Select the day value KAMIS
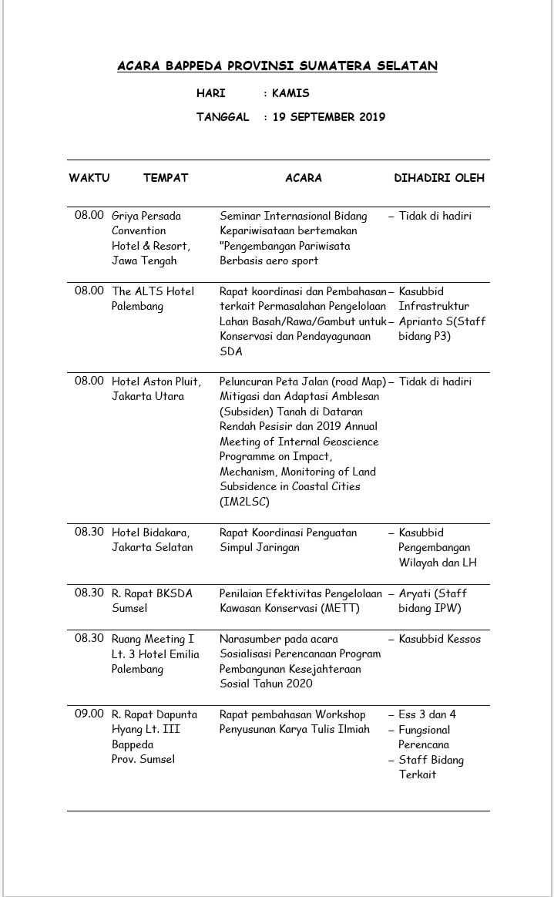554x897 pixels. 290,93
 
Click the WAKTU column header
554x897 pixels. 89,178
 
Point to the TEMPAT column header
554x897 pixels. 165,178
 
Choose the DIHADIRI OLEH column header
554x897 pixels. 439,178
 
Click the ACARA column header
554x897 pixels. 304,178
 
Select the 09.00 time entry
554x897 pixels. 89,714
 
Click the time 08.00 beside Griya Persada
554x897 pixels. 89,216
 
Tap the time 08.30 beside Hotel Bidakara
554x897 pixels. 89,532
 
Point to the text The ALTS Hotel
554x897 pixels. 153,291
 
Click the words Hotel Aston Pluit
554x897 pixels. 156,381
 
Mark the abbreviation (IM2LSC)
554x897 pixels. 244,502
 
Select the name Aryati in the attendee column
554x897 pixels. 417,593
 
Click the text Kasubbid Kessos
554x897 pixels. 439,639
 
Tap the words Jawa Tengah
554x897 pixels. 144,260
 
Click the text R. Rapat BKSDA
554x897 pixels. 152,593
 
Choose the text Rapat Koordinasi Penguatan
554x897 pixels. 288,532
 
